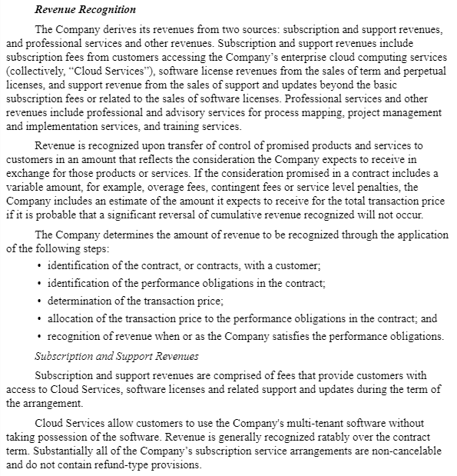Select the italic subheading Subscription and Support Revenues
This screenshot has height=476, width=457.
pyautogui.click(x=118, y=356)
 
